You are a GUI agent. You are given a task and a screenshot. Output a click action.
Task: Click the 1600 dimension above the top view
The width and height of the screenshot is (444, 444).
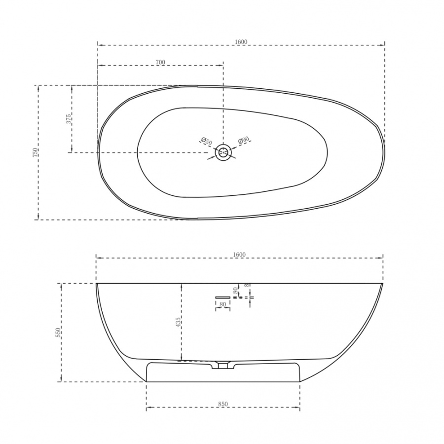click(x=241, y=41)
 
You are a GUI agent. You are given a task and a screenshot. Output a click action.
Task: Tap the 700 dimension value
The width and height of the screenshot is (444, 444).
click(x=160, y=62)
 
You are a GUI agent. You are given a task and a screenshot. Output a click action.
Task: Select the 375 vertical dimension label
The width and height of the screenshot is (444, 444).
click(x=69, y=119)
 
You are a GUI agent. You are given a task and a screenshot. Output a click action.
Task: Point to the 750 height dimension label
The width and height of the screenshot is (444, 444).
click(x=35, y=152)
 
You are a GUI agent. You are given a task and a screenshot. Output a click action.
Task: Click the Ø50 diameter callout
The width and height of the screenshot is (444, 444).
click(x=206, y=141)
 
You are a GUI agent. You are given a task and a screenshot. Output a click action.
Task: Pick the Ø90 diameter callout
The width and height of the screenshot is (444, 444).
click(x=244, y=140)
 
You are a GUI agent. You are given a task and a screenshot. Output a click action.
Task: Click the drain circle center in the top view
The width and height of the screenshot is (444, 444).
click(x=223, y=152)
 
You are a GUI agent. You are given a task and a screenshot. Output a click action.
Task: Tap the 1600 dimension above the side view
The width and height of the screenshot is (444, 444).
click(x=239, y=255)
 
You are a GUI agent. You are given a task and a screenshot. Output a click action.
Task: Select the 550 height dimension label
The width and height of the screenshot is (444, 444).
click(x=58, y=333)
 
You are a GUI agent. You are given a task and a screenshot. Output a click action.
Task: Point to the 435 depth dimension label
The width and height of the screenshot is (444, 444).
click(x=178, y=322)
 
